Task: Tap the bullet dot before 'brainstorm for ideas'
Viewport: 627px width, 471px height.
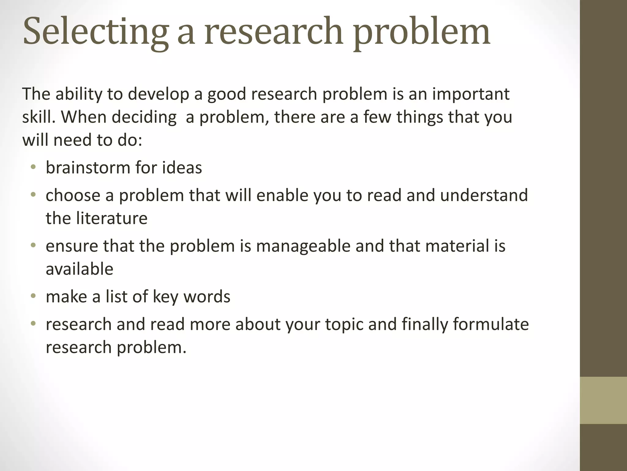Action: click(33, 167)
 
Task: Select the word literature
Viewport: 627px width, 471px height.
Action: click(111, 218)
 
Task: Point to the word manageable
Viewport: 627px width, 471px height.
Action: click(303, 246)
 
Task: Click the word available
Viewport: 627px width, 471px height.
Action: click(79, 269)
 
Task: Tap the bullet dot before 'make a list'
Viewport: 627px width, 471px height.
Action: click(33, 296)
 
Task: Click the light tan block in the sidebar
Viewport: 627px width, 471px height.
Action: click(603, 400)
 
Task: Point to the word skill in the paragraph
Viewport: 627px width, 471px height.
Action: click(38, 117)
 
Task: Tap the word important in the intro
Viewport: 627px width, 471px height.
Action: click(471, 94)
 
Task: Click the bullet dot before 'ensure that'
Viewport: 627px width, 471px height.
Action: click(33, 245)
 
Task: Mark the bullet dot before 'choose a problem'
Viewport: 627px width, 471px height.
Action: click(33, 195)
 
